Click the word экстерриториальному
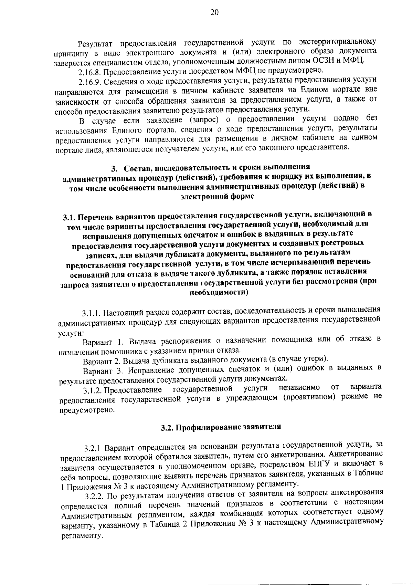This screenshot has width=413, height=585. tap(337, 42)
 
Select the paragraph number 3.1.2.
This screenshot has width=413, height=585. tap(93, 390)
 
